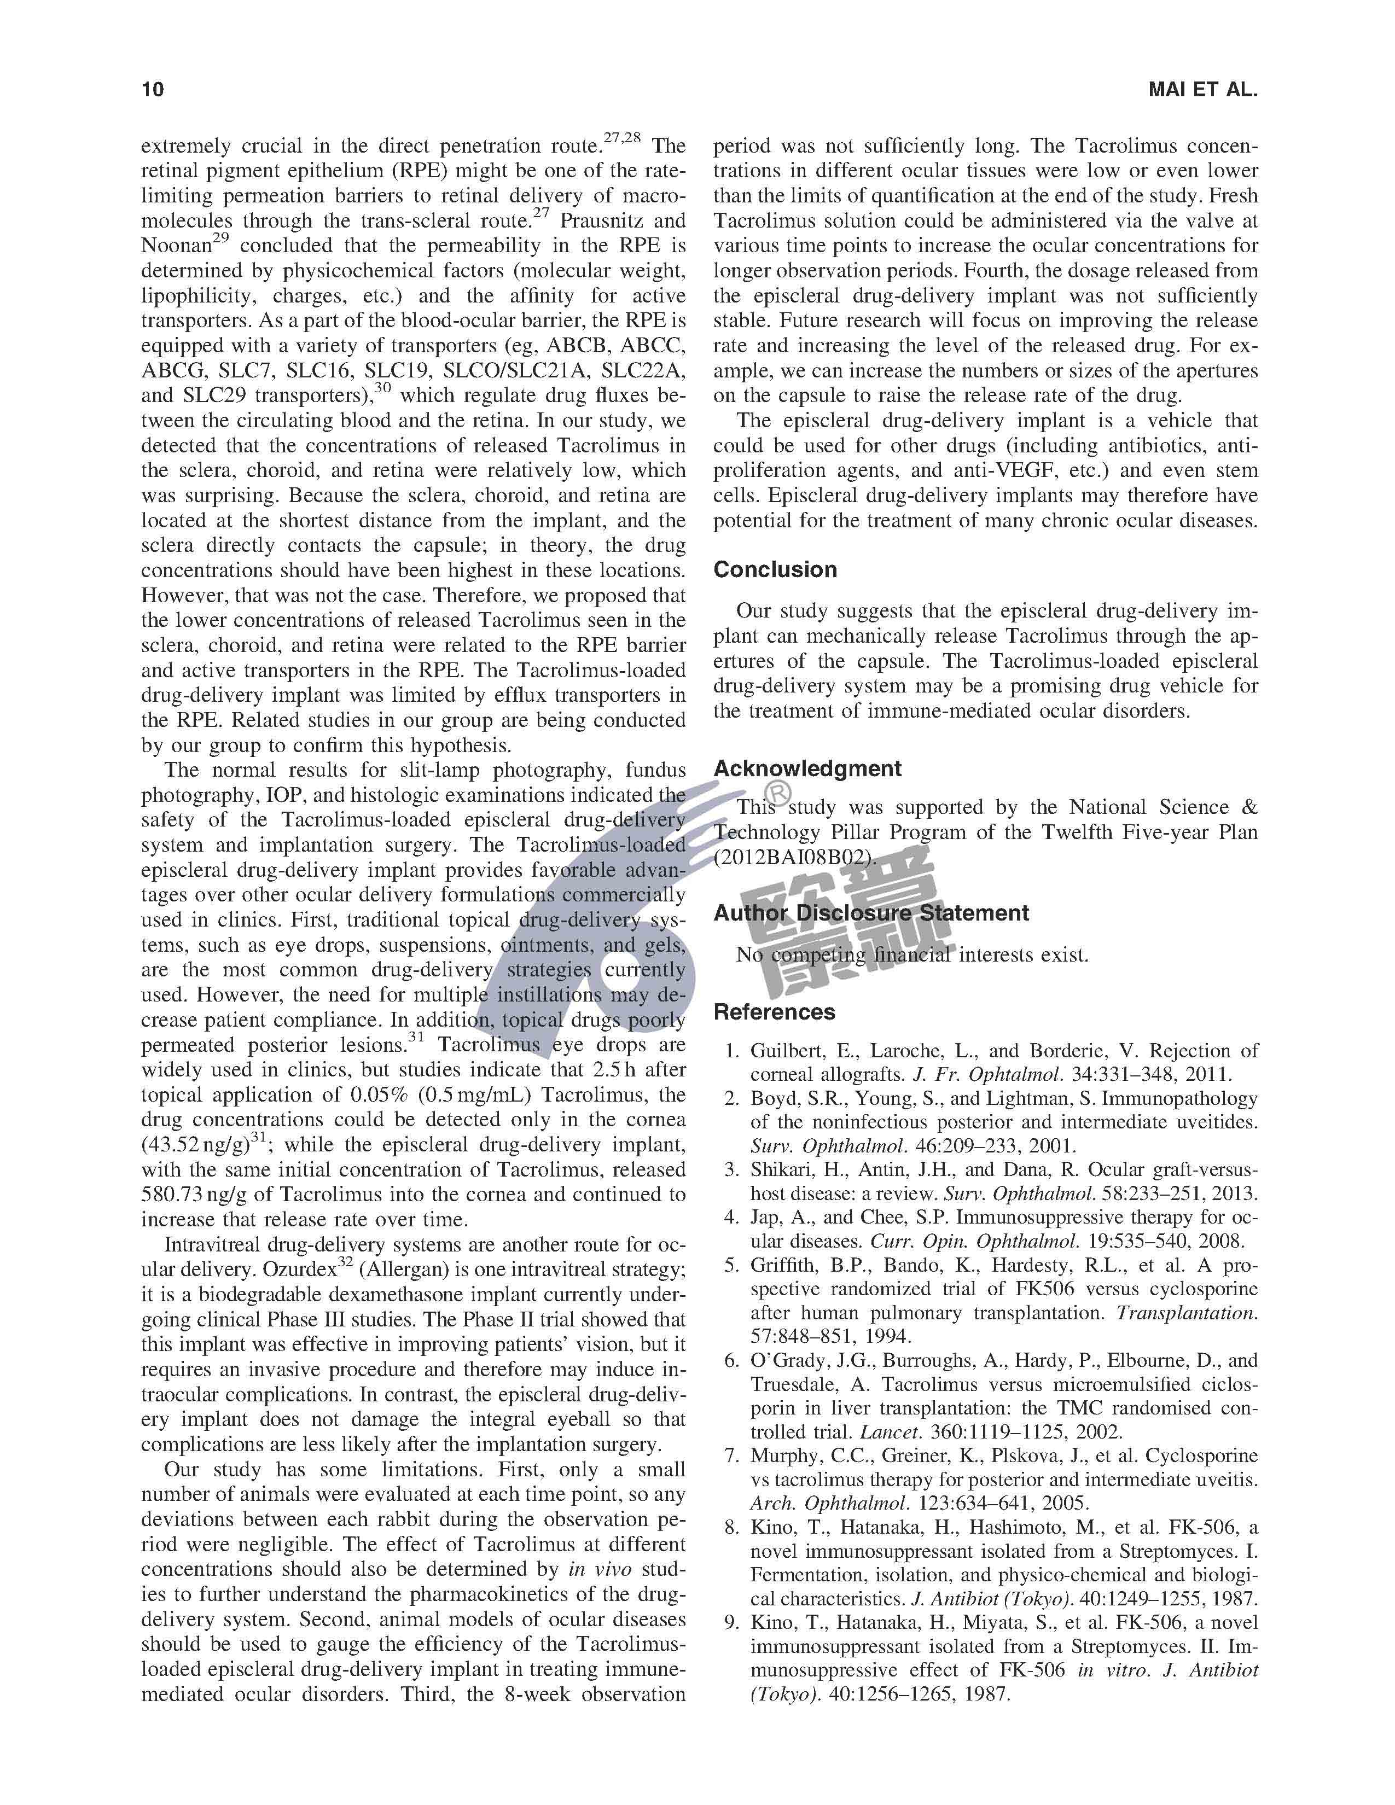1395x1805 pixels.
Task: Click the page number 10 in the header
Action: click(x=153, y=89)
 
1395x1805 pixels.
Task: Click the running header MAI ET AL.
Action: click(x=1202, y=89)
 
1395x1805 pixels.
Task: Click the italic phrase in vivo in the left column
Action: click(x=600, y=1569)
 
